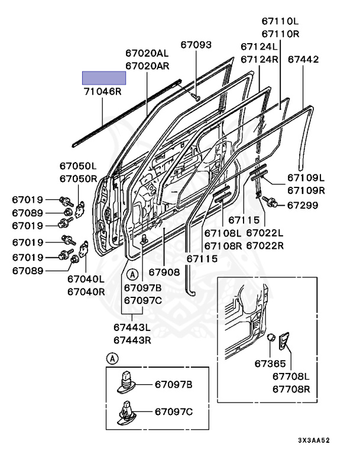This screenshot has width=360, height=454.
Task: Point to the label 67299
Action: tap(303, 205)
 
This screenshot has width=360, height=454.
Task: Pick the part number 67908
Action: tap(164, 273)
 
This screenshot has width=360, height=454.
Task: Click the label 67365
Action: tap(270, 364)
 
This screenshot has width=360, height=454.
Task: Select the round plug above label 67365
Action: tap(270, 339)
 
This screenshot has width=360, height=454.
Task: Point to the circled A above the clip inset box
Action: tap(112, 358)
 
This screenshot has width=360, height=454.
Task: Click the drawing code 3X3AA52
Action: tap(313, 441)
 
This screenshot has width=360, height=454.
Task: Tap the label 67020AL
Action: tap(147, 53)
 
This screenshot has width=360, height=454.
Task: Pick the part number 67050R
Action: tap(77, 179)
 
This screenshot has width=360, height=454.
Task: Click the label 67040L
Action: tap(86, 278)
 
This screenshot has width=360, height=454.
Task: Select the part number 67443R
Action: tap(132, 340)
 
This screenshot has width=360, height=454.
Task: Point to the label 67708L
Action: tap(291, 376)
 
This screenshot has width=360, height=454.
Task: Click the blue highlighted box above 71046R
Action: tap(103, 78)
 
